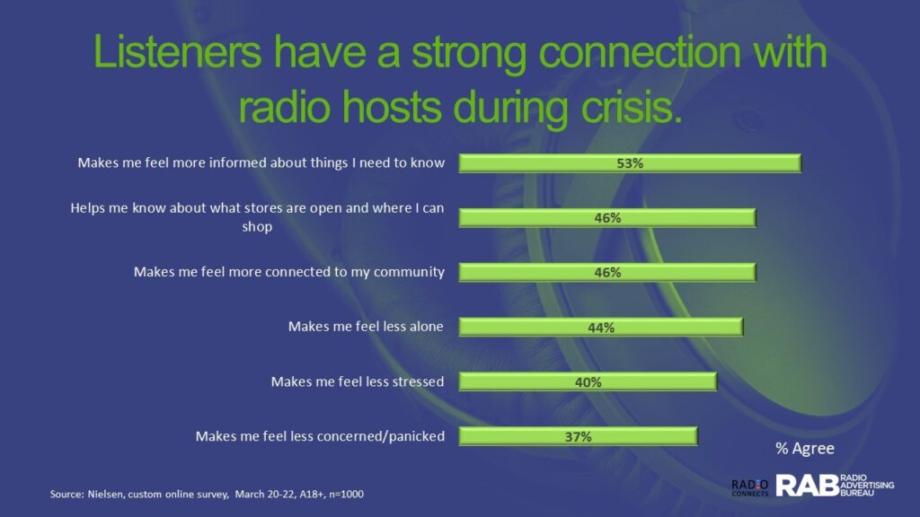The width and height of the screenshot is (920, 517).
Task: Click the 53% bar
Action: [630, 163]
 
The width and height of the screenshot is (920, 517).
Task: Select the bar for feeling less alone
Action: [601, 327]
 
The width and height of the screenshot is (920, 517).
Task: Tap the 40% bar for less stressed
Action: [588, 381]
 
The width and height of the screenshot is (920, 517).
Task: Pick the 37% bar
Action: [578, 436]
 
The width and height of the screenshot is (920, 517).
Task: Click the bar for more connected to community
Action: [607, 272]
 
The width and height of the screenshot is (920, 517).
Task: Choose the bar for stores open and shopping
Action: [607, 217]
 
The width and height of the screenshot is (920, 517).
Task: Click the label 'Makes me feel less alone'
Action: [366, 327]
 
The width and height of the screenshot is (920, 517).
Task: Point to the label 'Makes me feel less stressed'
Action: [358, 381]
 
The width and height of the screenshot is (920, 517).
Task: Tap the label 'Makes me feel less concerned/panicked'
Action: [320, 436]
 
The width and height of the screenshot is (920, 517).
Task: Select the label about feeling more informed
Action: [261, 162]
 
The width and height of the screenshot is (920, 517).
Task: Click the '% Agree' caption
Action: [804, 449]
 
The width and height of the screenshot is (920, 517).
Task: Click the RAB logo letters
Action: [808, 486]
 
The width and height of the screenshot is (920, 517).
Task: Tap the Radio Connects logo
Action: [750, 487]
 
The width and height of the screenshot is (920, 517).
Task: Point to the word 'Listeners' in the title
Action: [177, 51]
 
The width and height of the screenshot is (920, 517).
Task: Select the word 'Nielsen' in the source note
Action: [105, 495]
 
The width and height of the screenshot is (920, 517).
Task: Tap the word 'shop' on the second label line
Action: [257, 227]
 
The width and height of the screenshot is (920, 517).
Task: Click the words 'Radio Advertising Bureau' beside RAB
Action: [867, 486]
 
